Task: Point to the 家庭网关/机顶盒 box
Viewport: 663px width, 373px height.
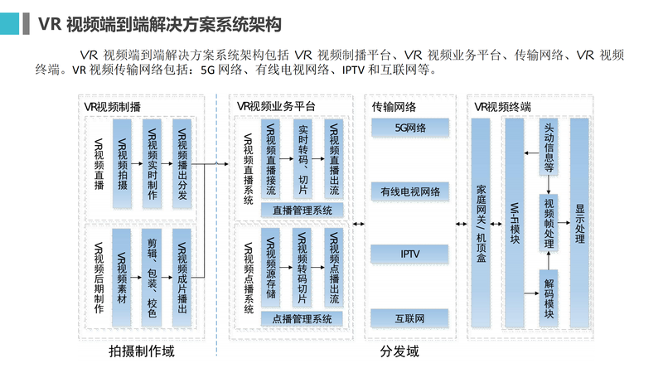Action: coord(481,224)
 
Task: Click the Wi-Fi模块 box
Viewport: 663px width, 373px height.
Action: coord(515,224)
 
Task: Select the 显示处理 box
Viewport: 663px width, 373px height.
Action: coord(579,224)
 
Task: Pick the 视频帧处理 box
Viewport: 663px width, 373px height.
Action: coord(549,222)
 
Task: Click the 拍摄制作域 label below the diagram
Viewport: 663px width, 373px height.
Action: coord(142,352)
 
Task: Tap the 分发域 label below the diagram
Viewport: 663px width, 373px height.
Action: coord(399,352)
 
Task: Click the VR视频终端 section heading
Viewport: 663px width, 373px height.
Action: coord(503,106)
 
